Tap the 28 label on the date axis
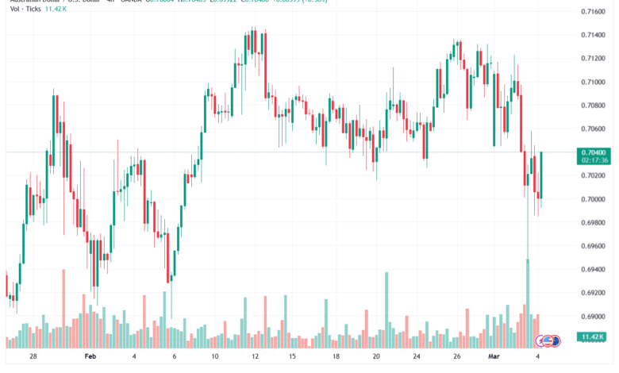coord(33,357)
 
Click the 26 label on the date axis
coord(457,357)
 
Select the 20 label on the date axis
coord(376,357)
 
